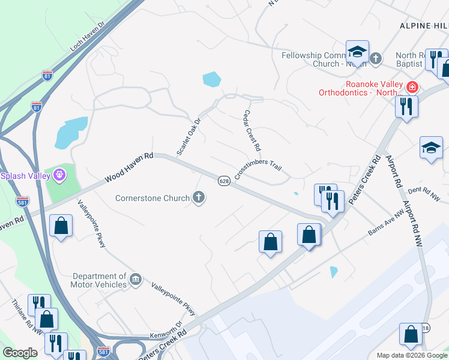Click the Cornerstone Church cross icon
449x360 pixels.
[x=199, y=197]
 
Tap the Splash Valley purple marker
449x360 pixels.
[x=59, y=175]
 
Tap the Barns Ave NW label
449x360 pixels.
[x=387, y=223]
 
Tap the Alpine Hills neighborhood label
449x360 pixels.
[x=424, y=25]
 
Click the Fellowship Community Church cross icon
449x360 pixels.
[x=376, y=59]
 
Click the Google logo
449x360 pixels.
[x=20, y=353]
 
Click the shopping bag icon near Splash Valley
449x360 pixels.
[x=61, y=226]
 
